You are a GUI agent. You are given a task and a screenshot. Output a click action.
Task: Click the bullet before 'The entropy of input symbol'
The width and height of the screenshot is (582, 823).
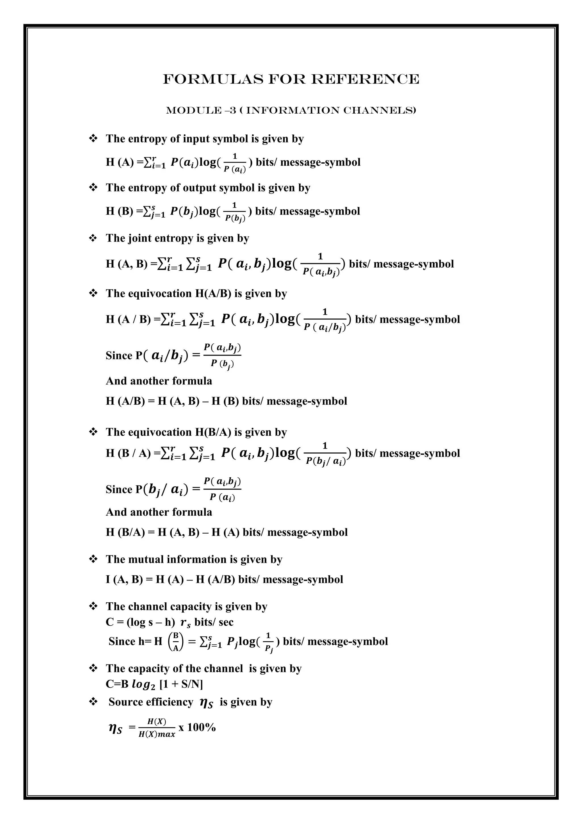tap(93, 139)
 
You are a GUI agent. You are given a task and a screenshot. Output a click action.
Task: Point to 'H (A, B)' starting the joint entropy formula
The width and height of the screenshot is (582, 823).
tap(126, 264)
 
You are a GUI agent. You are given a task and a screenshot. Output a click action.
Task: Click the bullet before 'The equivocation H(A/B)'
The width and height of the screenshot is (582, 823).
tap(93, 294)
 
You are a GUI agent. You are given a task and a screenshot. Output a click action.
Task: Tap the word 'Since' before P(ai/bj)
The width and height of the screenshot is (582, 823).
tap(119, 356)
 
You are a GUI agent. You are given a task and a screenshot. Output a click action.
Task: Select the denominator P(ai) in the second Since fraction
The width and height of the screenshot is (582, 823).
tap(222, 497)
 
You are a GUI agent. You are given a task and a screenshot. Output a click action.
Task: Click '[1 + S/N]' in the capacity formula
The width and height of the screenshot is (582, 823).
tap(181, 685)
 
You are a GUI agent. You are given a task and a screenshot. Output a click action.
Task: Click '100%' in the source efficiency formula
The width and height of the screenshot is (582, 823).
tap(201, 727)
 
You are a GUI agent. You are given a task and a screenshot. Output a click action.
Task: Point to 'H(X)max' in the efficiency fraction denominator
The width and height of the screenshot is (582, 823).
tap(157, 734)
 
